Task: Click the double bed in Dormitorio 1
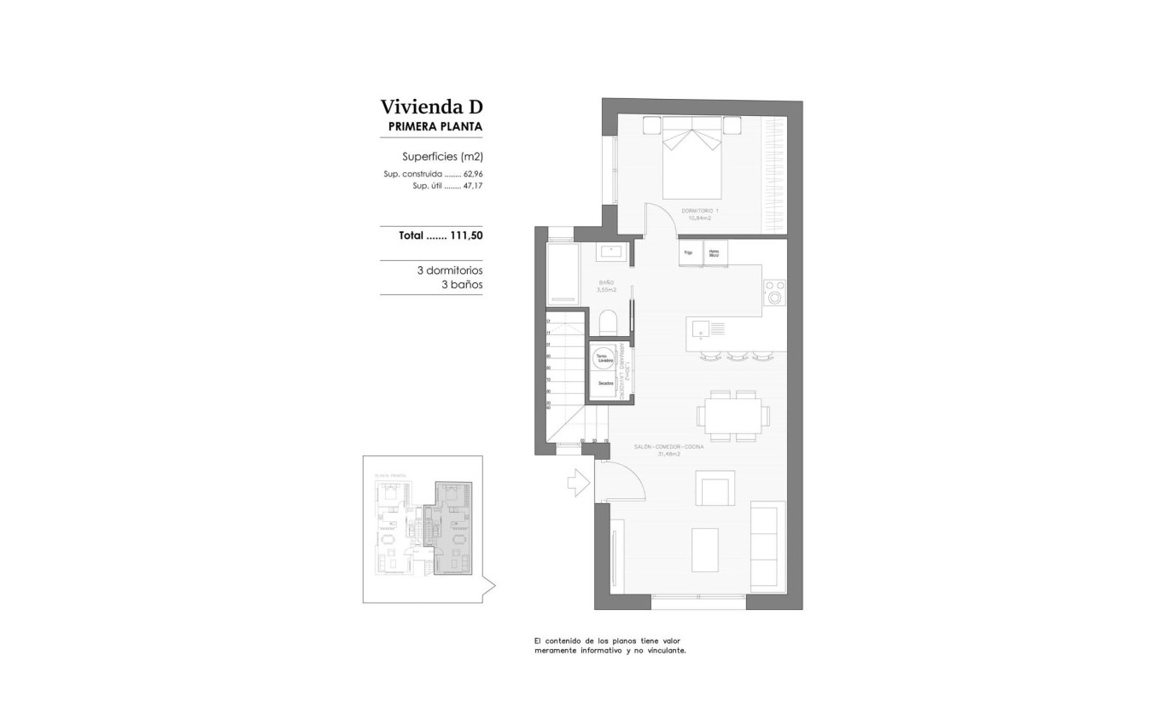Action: pos(692,159)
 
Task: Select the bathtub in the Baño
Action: pos(563,274)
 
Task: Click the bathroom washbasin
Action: pos(612,252)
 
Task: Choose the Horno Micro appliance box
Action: pos(715,253)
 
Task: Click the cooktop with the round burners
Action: pos(775,293)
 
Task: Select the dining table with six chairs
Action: pos(732,416)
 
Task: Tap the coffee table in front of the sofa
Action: pos(704,550)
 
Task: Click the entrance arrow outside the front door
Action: pos(579,484)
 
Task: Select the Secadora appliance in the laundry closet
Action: pos(605,385)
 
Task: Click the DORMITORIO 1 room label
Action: pos(700,211)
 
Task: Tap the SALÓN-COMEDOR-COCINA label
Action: pos(668,447)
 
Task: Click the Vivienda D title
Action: pos(431,107)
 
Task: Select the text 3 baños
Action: pos(462,284)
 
